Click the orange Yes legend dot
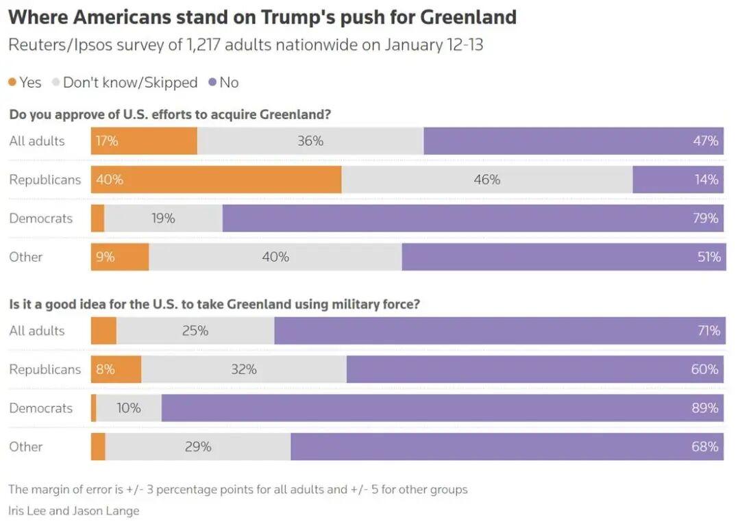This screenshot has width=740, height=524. [12, 83]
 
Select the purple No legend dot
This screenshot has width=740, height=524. [212, 83]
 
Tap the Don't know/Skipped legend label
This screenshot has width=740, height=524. [130, 83]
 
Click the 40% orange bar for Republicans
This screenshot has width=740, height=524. [216, 179]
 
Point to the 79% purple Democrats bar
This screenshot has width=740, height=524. [473, 218]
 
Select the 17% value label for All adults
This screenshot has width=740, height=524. [107, 141]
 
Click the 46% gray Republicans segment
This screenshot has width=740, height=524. [486, 179]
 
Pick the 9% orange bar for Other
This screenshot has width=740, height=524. [120, 257]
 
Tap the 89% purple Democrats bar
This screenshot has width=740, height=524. [443, 408]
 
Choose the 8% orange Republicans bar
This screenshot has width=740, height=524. [116, 369]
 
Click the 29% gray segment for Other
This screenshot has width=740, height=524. [198, 447]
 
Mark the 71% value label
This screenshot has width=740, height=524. [708, 331]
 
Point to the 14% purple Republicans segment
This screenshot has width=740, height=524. [678, 179]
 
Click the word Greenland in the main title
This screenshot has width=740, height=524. [468, 17]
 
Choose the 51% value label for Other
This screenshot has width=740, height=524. [708, 257]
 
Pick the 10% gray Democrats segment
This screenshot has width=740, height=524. [129, 408]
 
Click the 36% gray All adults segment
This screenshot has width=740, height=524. [310, 141]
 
